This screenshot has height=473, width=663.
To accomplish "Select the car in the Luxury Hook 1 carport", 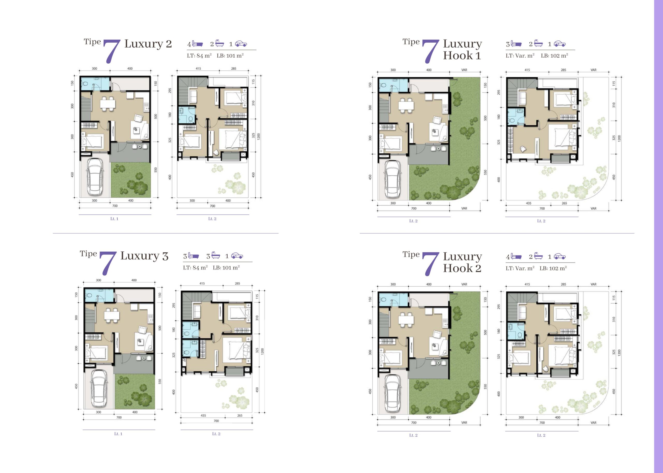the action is point(393,180).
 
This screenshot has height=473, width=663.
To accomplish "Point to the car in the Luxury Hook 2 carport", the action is point(393,394).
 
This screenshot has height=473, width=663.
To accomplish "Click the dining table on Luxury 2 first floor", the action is point(108,104).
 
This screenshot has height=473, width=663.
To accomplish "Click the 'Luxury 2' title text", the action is point(148,44).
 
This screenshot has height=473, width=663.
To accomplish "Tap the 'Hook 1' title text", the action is point(462,56).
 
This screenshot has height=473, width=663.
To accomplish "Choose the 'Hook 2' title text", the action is point(462,268).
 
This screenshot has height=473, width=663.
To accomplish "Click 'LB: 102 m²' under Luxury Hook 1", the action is point(554,56).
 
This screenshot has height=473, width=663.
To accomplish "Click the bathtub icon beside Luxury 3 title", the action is point(215,256).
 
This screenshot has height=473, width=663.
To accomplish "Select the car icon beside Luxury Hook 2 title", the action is point(560,257).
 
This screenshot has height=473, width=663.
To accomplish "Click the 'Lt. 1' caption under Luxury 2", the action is point(114,219).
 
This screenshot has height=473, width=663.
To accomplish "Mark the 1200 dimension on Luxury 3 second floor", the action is point(263,351).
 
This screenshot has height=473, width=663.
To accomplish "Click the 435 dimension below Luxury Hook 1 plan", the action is point(529,203).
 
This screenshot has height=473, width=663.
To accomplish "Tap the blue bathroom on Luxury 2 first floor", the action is point(95,84).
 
